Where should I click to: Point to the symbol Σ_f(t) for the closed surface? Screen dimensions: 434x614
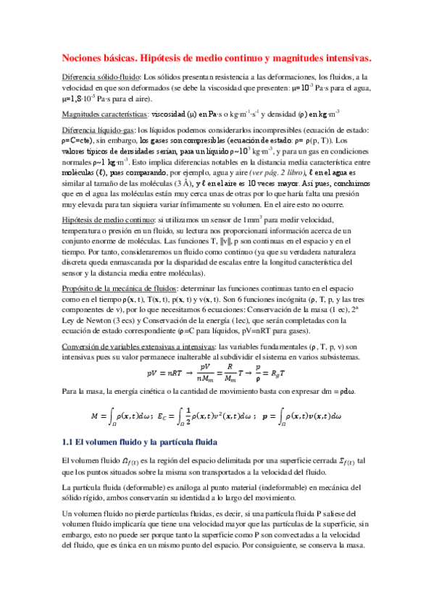[x=342, y=461]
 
